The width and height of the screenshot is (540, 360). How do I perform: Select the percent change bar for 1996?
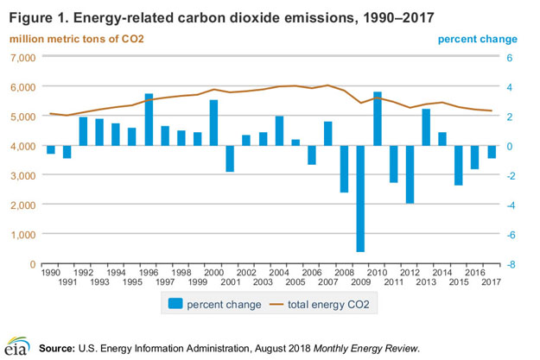click(149, 119)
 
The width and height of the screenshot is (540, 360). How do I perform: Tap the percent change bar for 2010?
click(378, 118)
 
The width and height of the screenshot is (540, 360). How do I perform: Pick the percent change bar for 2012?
click(410, 174)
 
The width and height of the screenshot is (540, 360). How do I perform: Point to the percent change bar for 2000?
click(213, 123)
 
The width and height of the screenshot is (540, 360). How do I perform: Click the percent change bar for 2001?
click(230, 159)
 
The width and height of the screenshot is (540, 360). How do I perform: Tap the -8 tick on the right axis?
click(511, 264)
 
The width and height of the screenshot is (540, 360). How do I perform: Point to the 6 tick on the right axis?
click(510, 57)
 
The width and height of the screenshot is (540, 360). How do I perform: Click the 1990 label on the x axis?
click(50, 273)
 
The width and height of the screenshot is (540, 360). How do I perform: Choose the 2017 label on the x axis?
click(492, 282)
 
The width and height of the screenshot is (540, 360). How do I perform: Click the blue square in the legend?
click(175, 305)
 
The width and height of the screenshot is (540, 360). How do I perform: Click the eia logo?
click(15, 346)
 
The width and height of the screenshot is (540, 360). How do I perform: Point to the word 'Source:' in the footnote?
click(57, 348)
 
